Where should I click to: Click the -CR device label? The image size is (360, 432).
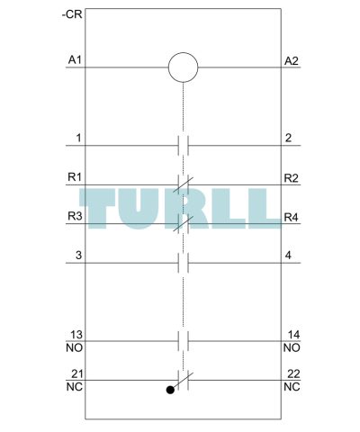pyautogui.click(x=72, y=14)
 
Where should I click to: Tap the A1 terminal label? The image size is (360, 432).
pyautogui.click(x=75, y=60)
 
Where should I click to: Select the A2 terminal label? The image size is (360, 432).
pyautogui.click(x=292, y=61)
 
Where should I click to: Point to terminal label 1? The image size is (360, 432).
pyautogui.click(x=78, y=139)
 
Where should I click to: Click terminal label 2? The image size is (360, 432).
pyautogui.click(x=288, y=138)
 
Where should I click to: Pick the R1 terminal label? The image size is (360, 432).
pyautogui.click(x=75, y=177)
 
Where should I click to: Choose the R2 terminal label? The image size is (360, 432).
pyautogui.click(x=292, y=178)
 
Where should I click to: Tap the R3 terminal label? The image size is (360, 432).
pyautogui.click(x=75, y=216)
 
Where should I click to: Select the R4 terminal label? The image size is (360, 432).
pyautogui.click(x=292, y=217)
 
